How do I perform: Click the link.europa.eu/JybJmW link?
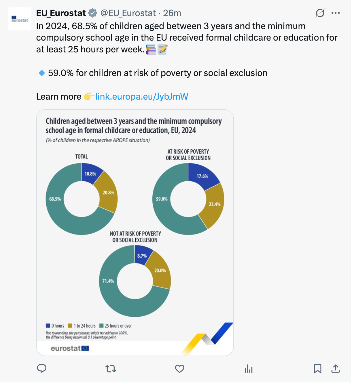[x=142, y=97]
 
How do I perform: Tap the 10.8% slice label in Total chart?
[x=90, y=174]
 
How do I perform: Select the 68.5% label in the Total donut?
[x=55, y=199]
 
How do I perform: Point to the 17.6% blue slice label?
[x=202, y=176]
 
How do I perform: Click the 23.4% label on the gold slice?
[x=215, y=204]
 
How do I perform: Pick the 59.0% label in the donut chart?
[x=162, y=199]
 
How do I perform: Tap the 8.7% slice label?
[x=142, y=256]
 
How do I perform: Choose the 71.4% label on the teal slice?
[x=108, y=281]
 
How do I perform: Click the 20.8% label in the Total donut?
[x=108, y=193]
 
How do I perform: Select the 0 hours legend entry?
[x=55, y=326]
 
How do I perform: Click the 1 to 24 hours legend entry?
[x=82, y=326]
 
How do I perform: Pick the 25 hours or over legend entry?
[x=115, y=326]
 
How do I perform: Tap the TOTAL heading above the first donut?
[x=82, y=157]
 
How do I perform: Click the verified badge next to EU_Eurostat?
[x=93, y=13]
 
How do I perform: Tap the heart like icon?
[x=180, y=369]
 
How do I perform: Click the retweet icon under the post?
[x=111, y=369]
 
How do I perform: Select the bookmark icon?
[x=317, y=369]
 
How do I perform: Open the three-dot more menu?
[x=336, y=13]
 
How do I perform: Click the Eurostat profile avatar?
[x=20, y=19]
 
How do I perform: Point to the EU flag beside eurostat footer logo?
[x=85, y=349]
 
